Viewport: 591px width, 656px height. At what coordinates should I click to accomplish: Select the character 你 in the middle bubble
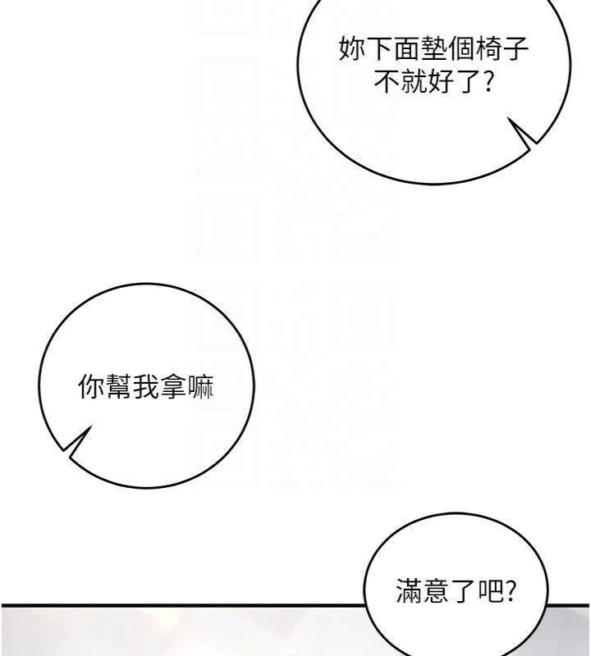92,387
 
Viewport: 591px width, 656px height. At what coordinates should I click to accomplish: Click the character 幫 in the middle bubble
119,387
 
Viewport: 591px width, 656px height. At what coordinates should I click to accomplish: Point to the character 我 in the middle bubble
147,387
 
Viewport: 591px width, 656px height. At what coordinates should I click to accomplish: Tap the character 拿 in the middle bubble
175,387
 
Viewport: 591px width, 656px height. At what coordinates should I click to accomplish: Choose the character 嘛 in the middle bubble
201,387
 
